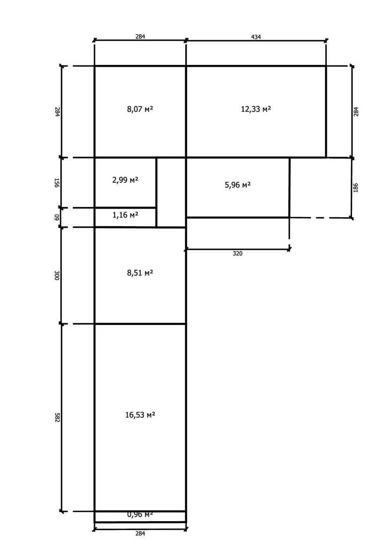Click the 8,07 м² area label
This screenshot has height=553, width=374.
pyautogui.click(x=140, y=109)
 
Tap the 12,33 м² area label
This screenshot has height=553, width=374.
pyautogui.click(x=256, y=109)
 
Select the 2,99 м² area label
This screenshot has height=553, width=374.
pyautogui.click(x=125, y=180)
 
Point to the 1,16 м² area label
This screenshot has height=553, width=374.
pyautogui.click(x=125, y=215)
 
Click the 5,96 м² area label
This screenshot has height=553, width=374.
pyautogui.click(x=238, y=185)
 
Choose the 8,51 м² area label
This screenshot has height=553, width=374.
pyautogui.click(x=140, y=273)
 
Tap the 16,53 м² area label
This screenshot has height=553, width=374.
pyautogui.click(x=140, y=415)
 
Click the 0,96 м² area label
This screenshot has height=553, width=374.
pyautogui.click(x=140, y=515)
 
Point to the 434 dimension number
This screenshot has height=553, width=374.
pyautogui.click(x=256, y=36)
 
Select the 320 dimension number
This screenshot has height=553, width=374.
pyautogui.click(x=238, y=253)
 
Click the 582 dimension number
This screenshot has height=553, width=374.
pyautogui.click(x=57, y=417)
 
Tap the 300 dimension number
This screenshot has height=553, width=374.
pyautogui.click(x=57, y=275)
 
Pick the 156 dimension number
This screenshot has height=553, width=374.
pyautogui.click(x=57, y=183)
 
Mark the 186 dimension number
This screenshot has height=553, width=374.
pyautogui.click(x=356, y=187)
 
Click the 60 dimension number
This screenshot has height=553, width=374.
pyautogui.click(x=57, y=217)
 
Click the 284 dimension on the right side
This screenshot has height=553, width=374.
pyautogui.click(x=356, y=112)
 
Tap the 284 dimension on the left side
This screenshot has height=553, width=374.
pyautogui.click(x=57, y=112)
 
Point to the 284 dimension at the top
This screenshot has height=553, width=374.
pyautogui.click(x=140, y=36)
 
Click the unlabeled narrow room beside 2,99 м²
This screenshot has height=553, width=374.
pyautogui.click(x=171, y=193)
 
